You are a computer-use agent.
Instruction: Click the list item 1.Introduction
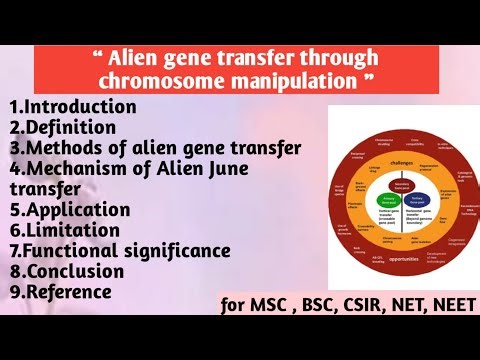coord(72,105)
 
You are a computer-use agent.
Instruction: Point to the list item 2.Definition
coord(61,126)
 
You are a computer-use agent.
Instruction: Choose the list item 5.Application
coord(69,209)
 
